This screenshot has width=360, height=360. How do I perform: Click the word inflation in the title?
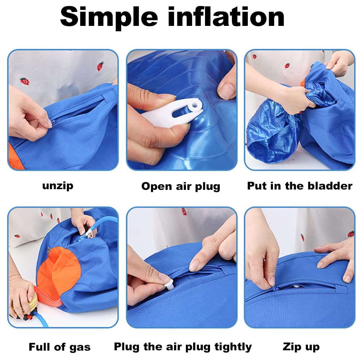point(226,16)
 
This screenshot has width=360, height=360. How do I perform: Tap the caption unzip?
point(58,186)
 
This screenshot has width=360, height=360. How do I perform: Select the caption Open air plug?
point(181,186)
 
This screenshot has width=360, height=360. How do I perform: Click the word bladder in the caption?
point(330,186)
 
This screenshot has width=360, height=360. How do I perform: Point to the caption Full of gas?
point(60,347)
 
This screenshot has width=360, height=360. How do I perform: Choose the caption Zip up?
point(301,347)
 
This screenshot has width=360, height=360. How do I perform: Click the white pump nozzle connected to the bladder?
point(90,234)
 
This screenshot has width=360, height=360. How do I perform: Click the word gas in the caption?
point(80,348)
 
